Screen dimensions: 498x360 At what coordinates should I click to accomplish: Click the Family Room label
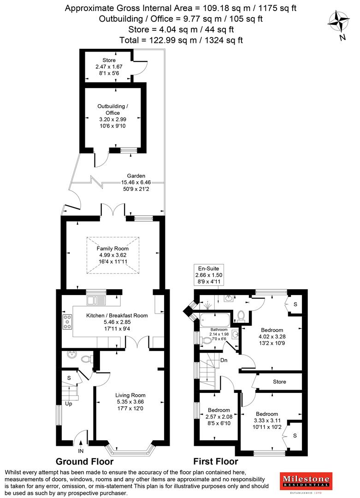(112, 249)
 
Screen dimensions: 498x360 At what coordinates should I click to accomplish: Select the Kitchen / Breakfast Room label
(117, 315)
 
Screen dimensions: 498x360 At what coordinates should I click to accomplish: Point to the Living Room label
(130, 395)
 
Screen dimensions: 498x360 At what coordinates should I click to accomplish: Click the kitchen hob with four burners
(66, 321)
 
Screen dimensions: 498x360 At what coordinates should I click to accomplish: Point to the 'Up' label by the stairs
(69, 403)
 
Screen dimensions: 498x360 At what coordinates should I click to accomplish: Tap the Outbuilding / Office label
(112, 110)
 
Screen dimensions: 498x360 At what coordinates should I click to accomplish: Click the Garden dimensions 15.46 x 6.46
(136, 183)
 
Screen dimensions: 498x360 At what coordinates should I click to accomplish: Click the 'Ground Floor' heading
(84, 462)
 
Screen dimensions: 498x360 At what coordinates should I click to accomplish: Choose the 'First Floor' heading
(216, 462)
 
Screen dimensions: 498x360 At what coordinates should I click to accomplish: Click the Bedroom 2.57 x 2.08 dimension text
(218, 417)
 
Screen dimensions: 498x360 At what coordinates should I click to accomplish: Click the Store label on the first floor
(279, 382)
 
